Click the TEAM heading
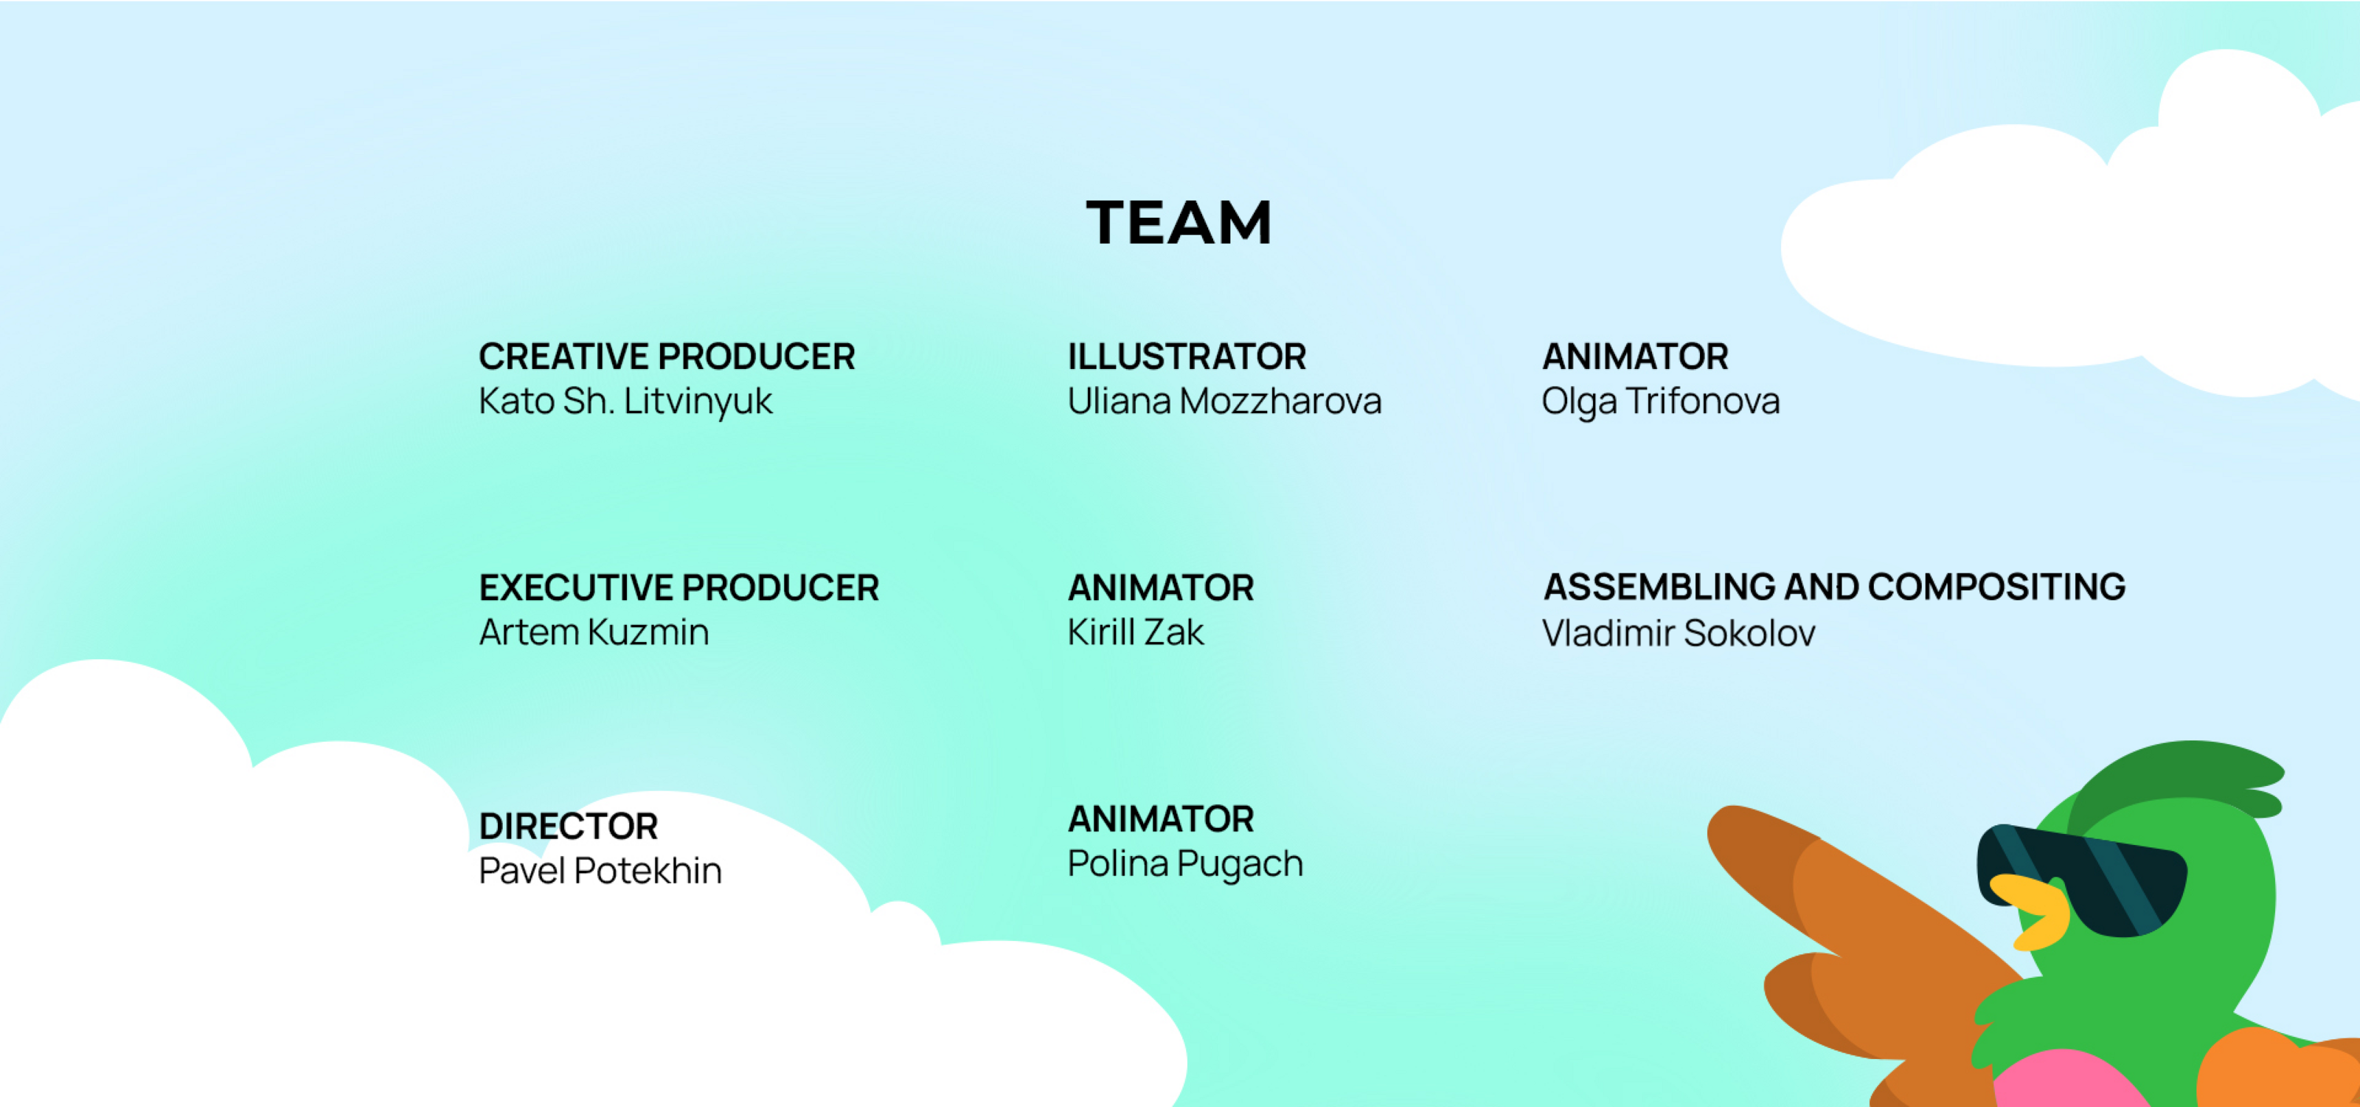point(1179,223)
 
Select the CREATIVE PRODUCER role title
point(667,356)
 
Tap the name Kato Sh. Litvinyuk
point(625,401)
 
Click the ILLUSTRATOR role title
point(1187,356)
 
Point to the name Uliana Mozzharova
point(1224,401)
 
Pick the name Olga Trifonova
point(1660,401)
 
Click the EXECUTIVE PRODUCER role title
point(678,587)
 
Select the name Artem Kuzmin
point(594,632)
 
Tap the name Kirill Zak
point(1135,632)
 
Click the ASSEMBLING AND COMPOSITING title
point(1834,587)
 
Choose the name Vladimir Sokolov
point(1679,633)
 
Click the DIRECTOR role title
point(568,826)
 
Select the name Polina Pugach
point(1184,864)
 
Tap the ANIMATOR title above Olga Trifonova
point(1635,356)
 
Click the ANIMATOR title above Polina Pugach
point(1161,818)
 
